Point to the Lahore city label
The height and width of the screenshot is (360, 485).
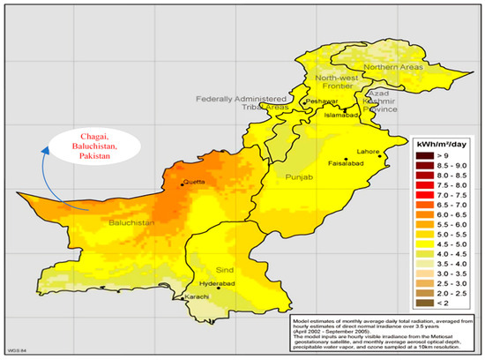[x=368, y=153]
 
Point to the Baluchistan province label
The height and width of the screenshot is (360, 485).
[x=131, y=224]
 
